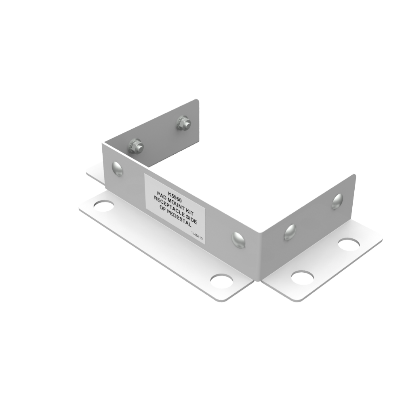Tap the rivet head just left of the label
(x=117, y=168)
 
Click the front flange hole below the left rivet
(x=104, y=205)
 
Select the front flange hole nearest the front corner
(x=221, y=281)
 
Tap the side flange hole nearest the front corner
(x=302, y=278)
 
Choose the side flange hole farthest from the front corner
(x=349, y=244)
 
